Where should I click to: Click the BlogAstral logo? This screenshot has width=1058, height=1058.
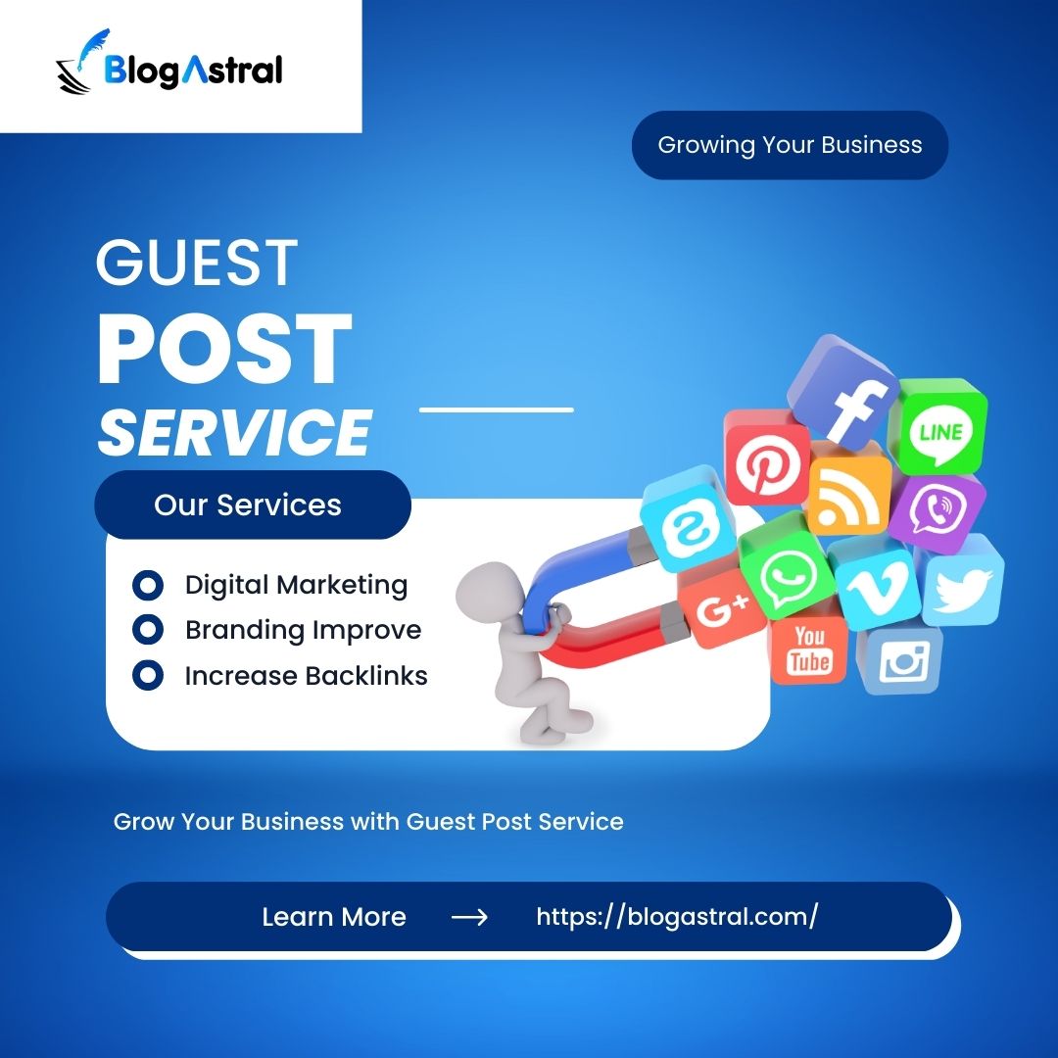(x=169, y=68)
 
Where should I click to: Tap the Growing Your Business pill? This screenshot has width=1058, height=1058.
(x=790, y=145)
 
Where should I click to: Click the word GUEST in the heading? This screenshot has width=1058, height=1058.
(x=197, y=263)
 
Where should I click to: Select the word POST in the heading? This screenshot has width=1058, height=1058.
(x=224, y=349)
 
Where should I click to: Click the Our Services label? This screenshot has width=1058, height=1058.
(x=248, y=505)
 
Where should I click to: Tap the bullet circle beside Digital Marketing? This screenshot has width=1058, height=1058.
(x=147, y=586)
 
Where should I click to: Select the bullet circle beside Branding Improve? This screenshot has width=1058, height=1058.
(x=147, y=630)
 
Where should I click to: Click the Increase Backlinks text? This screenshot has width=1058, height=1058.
(x=306, y=676)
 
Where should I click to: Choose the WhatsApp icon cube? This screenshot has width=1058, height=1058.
(x=788, y=571)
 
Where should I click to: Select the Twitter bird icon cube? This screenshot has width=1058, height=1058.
(x=962, y=588)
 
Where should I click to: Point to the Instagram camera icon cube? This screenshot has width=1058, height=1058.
(x=901, y=661)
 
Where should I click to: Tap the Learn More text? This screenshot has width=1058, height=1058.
(x=334, y=917)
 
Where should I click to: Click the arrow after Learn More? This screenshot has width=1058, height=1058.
(x=469, y=917)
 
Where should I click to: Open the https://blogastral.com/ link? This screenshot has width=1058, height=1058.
(x=677, y=917)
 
